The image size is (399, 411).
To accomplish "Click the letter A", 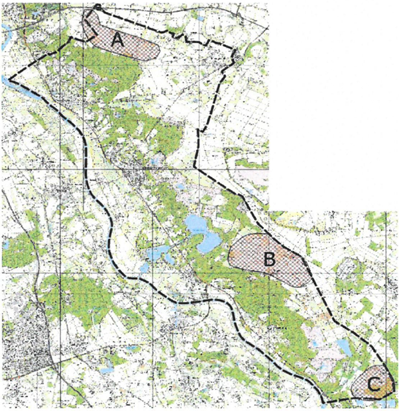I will [x=117, y=40].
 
